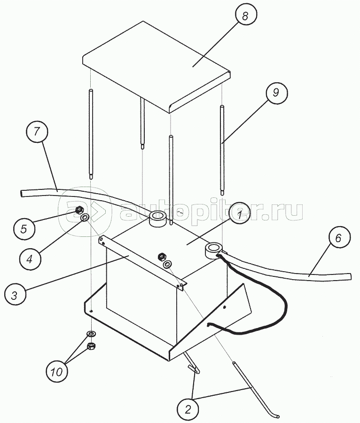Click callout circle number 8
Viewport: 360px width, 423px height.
coord(245,16)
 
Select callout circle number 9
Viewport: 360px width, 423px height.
coord(276,93)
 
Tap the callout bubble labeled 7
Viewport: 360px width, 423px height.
coord(37,132)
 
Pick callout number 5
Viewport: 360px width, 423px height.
coord(24,229)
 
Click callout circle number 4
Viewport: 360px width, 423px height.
coord(30,259)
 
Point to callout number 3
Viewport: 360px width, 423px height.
coord(15,295)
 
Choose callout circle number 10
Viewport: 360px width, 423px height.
coord(56,371)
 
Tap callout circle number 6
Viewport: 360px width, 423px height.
coord(339,238)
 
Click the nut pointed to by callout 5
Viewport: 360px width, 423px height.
coord(79,210)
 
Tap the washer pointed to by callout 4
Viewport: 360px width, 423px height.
coord(85,217)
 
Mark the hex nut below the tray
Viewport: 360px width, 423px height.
coord(92,346)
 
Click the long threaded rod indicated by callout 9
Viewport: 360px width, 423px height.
coord(222,150)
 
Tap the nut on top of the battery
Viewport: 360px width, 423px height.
coord(163,256)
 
